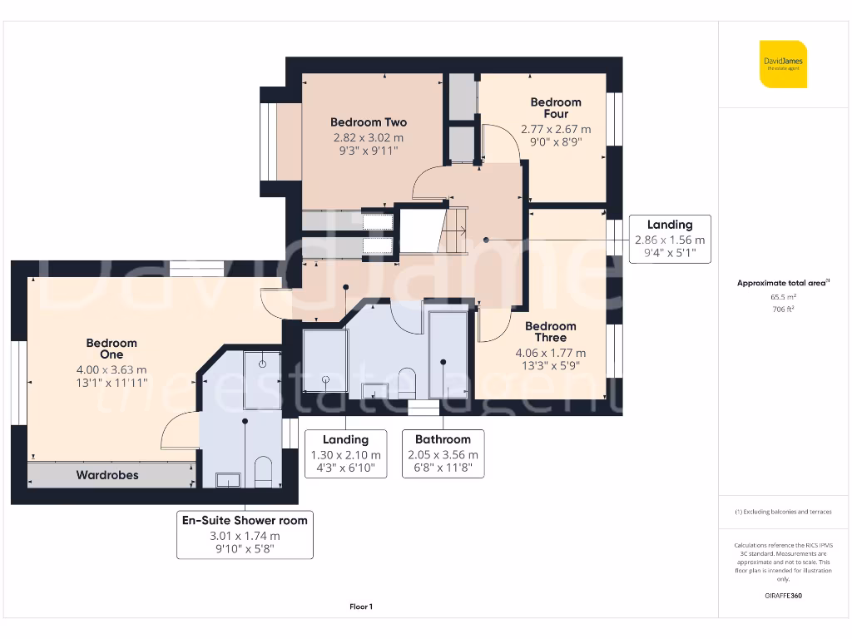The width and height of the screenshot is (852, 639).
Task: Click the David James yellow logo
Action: [782, 64]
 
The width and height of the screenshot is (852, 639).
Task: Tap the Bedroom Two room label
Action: [368, 122]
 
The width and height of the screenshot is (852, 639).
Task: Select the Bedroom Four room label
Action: [556, 108]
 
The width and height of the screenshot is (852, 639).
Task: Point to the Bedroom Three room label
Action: [550, 332]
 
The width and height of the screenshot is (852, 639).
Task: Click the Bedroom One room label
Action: [111, 349]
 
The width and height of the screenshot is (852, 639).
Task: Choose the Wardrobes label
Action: [107, 475]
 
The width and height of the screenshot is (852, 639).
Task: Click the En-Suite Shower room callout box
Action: [245, 534]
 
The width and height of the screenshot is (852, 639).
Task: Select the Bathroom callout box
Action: [443, 453]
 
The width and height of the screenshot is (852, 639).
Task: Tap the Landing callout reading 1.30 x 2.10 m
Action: [345, 453]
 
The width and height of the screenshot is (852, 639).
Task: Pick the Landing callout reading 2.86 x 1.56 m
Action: [669, 238]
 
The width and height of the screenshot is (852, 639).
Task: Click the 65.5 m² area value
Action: [783, 296]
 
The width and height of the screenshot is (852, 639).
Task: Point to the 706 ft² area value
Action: [783, 309]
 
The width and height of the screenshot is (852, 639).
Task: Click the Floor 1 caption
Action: [361, 607]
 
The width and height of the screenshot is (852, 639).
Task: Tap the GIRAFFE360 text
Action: [783, 596]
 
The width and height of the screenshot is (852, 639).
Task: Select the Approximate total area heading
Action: [782, 283]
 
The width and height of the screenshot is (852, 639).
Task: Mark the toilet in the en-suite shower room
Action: [263, 471]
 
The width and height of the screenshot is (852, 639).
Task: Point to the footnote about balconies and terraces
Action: [782, 512]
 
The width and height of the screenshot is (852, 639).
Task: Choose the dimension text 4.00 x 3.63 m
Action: [111, 370]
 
